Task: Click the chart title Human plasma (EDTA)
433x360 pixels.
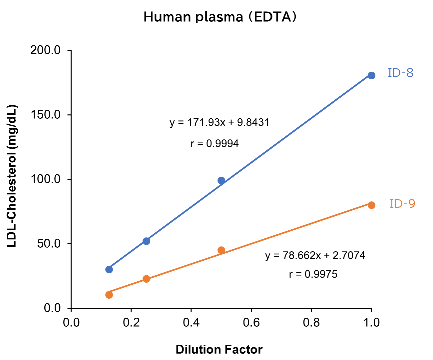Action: [x=220, y=17]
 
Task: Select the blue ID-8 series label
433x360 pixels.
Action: [x=400, y=73]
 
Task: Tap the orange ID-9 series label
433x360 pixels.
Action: [x=402, y=203]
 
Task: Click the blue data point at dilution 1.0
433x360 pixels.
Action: [x=371, y=76]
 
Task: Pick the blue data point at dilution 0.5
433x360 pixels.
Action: [x=221, y=181]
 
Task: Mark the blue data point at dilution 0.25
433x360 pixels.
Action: [x=146, y=241]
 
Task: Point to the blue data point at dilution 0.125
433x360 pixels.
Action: [x=109, y=269]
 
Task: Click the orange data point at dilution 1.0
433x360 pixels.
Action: [x=371, y=205]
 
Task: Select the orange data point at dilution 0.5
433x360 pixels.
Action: [x=221, y=250]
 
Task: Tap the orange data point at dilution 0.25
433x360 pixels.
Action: [x=146, y=279]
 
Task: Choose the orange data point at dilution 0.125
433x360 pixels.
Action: [x=109, y=295]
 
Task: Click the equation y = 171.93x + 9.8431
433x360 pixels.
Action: [x=219, y=122]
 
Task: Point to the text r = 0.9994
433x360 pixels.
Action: [x=215, y=143]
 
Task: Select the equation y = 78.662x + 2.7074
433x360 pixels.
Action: [x=315, y=255]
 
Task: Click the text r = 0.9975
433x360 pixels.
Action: [x=313, y=274]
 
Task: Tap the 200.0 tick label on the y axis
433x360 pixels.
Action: [x=45, y=50]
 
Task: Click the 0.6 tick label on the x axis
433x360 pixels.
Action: [x=251, y=323]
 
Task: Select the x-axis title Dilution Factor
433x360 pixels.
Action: [x=219, y=349]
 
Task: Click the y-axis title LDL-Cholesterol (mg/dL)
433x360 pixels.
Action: [x=12, y=176]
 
